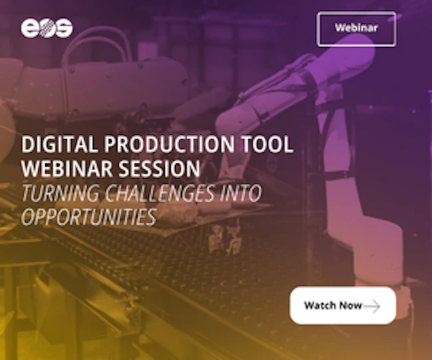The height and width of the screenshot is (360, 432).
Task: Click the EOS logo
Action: pyautogui.click(x=47, y=28)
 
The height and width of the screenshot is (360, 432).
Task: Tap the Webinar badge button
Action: pyautogui.click(x=356, y=29)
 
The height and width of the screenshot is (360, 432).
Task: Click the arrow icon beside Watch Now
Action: pyautogui.click(x=372, y=306)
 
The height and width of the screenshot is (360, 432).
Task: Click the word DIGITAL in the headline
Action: pyautogui.click(x=60, y=144)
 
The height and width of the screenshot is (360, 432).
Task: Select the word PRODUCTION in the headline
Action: pyautogui.click(x=169, y=144)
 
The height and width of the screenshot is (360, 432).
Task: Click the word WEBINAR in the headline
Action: pyautogui.click(x=67, y=168)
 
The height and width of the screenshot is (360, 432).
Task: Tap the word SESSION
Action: pyautogui.click(x=160, y=168)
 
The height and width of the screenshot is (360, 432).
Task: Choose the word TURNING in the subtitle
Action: pyautogui.click(x=60, y=193)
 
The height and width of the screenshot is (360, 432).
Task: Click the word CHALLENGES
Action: pyautogui.click(x=160, y=193)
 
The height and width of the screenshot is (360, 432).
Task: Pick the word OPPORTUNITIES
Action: pyautogui.click(x=88, y=217)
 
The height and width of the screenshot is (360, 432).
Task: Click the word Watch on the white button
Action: pyautogui.click(x=320, y=305)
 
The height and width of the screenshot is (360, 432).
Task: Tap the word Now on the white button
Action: pyautogui.click(x=350, y=305)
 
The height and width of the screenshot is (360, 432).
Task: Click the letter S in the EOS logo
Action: pyautogui.click(x=64, y=28)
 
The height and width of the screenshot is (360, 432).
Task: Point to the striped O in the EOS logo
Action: pyautogui.click(x=47, y=28)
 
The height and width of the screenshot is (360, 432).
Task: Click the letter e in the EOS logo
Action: pyautogui.click(x=29, y=28)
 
